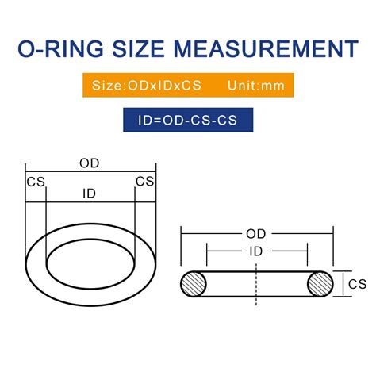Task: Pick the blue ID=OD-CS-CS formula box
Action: [187, 121]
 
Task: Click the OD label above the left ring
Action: [89, 163]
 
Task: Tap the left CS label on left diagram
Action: [36, 182]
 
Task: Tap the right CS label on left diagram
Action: [144, 182]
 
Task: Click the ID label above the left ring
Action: [89, 193]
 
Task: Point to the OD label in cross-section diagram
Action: [255, 234]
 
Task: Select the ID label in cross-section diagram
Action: [255, 251]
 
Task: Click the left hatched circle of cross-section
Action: [195, 284]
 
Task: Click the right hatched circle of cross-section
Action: [320, 284]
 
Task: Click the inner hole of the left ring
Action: [89, 259]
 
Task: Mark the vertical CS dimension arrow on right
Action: [343, 283]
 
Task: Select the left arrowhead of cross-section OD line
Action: [185, 234]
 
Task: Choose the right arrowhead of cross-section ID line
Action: [304, 251]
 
